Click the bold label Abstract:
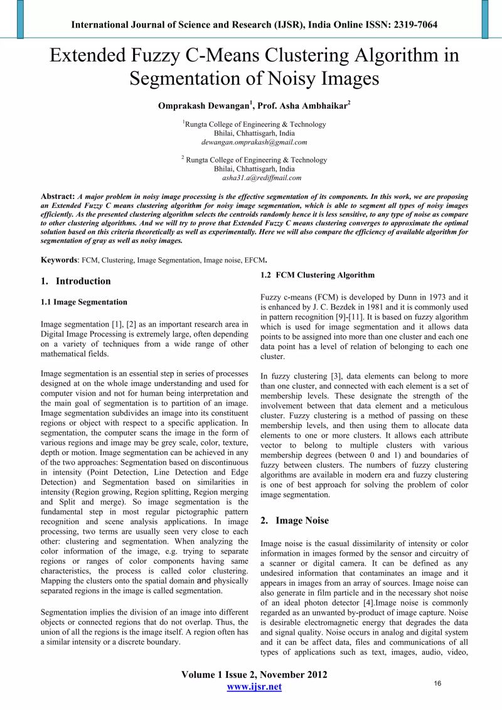58,196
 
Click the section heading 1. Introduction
75,281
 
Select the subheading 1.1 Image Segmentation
83,302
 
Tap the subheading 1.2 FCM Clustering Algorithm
318,275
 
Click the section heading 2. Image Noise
294,520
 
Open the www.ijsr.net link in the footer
254,687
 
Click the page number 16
438,682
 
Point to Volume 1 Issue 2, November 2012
254,675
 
